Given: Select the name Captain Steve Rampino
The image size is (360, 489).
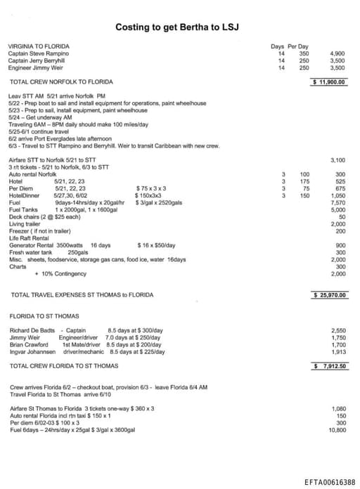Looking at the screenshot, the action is [38, 53].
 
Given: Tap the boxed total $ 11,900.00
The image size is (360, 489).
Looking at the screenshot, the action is [330, 81].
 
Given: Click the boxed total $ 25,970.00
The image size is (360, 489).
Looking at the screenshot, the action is [330, 294].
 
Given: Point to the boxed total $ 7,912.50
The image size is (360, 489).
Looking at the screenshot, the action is [330, 366].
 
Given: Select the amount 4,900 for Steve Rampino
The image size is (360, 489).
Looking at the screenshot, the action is [337, 53].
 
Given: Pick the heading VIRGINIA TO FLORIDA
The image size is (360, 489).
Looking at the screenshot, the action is [39, 46].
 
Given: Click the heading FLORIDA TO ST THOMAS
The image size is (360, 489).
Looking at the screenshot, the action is [44, 315].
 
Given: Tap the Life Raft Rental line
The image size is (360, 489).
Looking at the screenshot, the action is [27, 238].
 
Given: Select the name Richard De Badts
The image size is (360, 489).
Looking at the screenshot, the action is [31, 330].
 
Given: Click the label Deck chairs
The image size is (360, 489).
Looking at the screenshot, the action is [25, 216].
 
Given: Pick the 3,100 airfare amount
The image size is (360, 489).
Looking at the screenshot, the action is [337, 160].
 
